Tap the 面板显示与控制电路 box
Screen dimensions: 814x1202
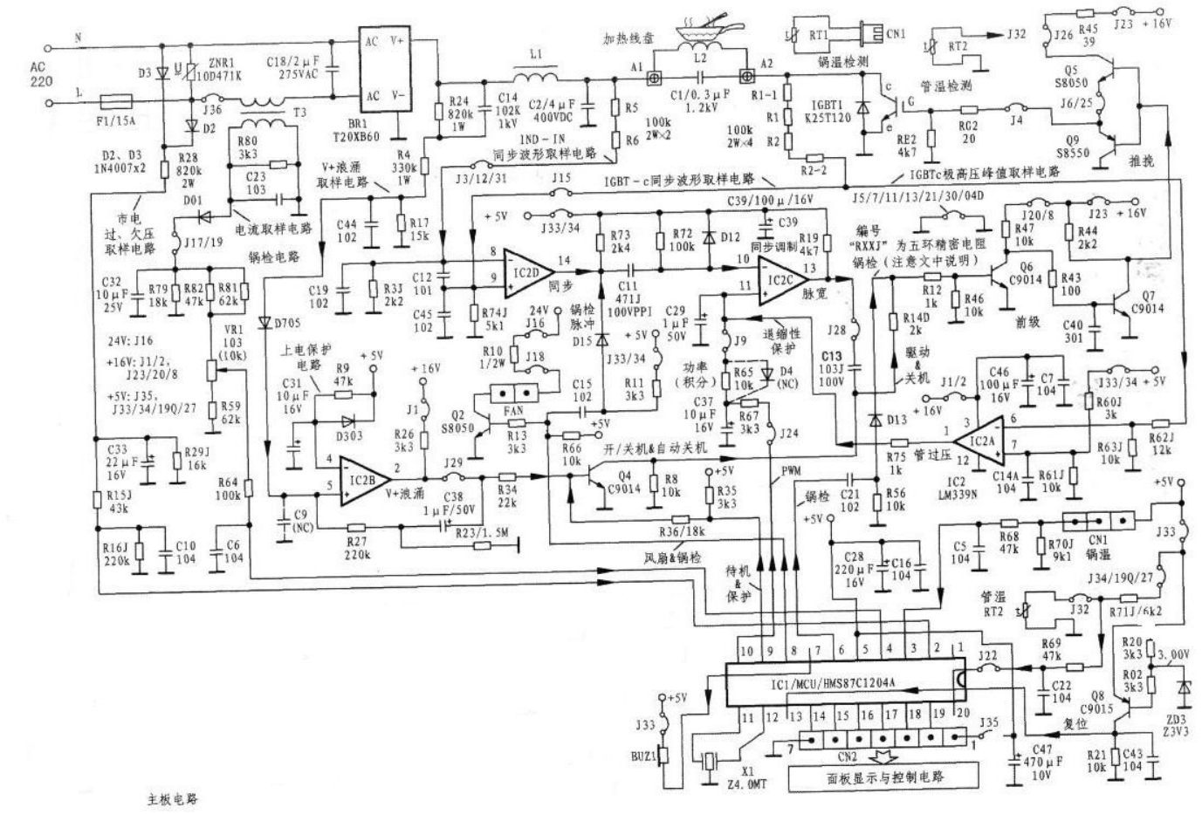tap(883, 776)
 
